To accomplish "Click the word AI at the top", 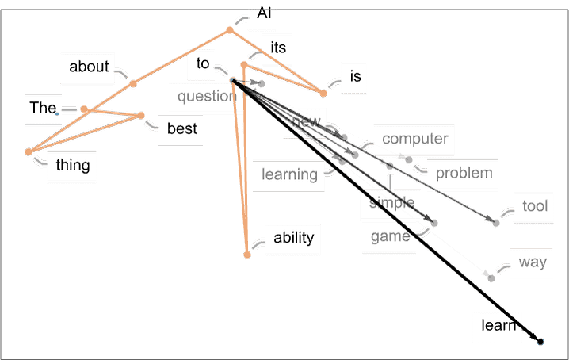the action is click(264, 13).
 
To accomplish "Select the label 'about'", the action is click(89, 67).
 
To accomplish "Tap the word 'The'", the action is click(43, 108).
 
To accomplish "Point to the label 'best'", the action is click(182, 128).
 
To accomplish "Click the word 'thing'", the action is click(73, 165).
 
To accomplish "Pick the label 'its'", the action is click(278, 48).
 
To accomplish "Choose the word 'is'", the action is click(356, 76).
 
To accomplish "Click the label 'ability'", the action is click(294, 238).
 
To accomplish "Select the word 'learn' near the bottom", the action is click(498, 325).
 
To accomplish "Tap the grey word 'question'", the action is click(207, 96).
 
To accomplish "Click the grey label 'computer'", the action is click(415, 139).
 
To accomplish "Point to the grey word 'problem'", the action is click(464, 174).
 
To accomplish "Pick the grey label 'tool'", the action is click(535, 206).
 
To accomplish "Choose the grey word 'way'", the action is click(533, 262).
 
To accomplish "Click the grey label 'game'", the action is click(391, 237).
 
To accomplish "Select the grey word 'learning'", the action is click(289, 174).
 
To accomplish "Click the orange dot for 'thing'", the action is click(29, 151).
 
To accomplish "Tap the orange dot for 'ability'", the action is click(247, 255).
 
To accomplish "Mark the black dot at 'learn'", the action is click(540, 342).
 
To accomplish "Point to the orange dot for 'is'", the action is click(323, 94).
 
